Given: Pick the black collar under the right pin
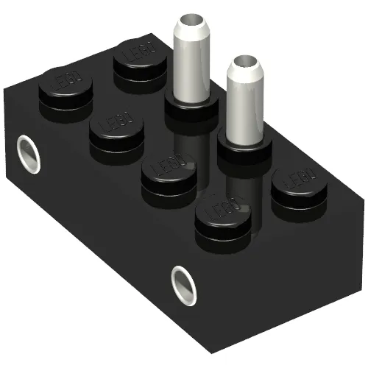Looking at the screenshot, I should pos(242,152).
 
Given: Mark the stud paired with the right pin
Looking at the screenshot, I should pos(169,174).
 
